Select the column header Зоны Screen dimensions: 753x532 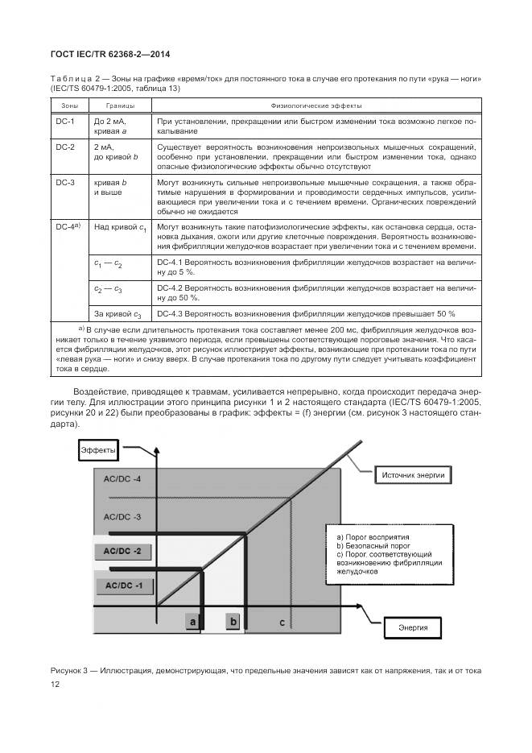pyautogui.click(x=65, y=106)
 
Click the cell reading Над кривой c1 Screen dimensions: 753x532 pyautogui.click(x=120, y=229)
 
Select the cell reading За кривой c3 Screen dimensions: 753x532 pyautogui.click(x=118, y=313)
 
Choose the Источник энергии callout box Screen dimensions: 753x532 pyautogui.click(x=412, y=475)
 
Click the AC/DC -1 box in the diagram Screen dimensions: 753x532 pyautogui.click(x=122, y=585)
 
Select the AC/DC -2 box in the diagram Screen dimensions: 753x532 pyautogui.click(x=122, y=551)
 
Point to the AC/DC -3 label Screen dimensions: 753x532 pyautogui.click(x=122, y=515)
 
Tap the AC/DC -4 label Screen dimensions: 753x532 pyautogui.click(x=122, y=480)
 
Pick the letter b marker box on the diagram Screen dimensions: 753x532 pyautogui.click(x=233, y=621)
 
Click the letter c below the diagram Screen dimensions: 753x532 pyautogui.click(x=281, y=622)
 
